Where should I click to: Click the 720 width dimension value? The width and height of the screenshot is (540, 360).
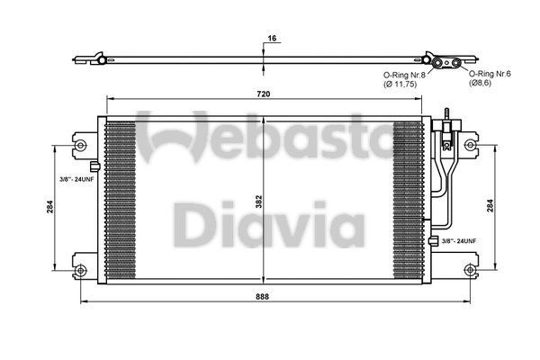coord(263,94)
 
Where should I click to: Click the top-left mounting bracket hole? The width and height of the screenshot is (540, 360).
coord(81,143)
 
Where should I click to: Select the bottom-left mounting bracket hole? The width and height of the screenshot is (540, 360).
coord(81,270)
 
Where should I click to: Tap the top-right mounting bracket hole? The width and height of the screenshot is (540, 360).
coord(467,143)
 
